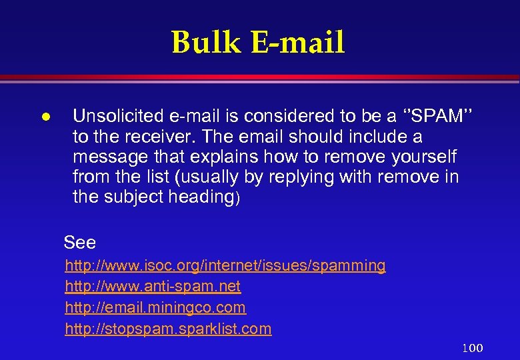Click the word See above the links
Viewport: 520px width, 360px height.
tap(80, 243)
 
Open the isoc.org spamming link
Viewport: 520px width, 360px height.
tap(225, 265)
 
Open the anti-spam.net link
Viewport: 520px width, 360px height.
tap(153, 287)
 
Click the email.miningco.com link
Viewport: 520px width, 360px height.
tap(155, 307)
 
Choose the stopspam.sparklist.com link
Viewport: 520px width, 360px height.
tap(168, 329)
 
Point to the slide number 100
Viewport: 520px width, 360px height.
tap(473, 348)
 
